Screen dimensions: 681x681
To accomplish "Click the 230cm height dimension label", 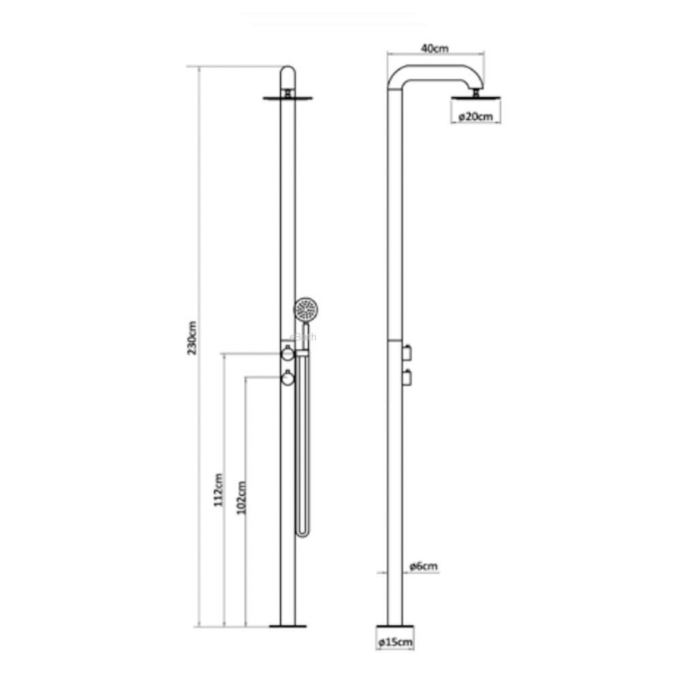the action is (x=192, y=338).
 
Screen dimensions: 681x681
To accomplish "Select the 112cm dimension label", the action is (x=218, y=490).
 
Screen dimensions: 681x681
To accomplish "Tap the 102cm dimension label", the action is (x=242, y=497).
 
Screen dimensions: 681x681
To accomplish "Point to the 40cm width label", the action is (x=434, y=48).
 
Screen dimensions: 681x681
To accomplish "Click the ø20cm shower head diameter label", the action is (x=476, y=116).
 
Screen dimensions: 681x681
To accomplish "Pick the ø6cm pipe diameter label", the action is (x=424, y=566).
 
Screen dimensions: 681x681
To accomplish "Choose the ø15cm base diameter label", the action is (x=395, y=642).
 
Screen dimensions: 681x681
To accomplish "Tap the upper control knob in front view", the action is (x=287, y=353).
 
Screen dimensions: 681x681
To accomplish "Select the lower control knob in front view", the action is (x=287, y=378).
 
